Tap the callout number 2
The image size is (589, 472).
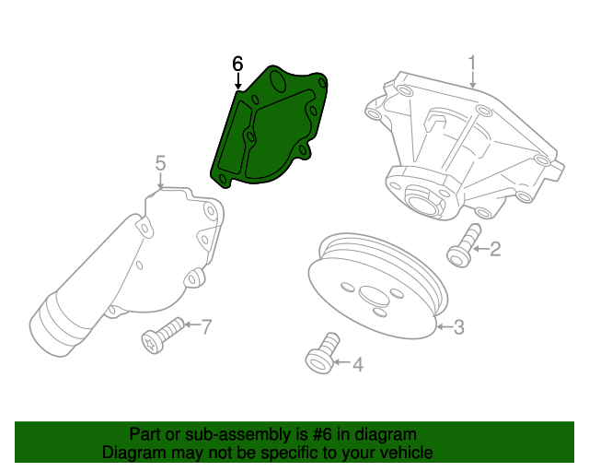tap(494, 248)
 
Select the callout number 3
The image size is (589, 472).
tap(458, 325)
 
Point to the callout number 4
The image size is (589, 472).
tap(357, 365)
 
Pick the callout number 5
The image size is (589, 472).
tap(160, 163)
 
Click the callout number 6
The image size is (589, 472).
tap(237, 64)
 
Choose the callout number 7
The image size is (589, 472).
tap(206, 325)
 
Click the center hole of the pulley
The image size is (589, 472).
tap(374, 297)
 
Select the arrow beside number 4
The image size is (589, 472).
tap(341, 365)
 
